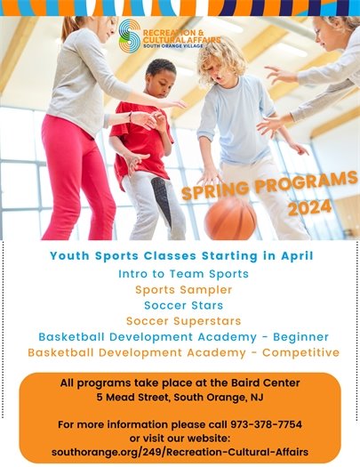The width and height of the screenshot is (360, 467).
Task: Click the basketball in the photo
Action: point(230,218)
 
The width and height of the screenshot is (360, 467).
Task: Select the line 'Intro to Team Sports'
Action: point(183,274)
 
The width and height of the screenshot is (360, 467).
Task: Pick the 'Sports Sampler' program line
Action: point(183,290)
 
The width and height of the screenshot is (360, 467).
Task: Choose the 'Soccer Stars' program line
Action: point(183,305)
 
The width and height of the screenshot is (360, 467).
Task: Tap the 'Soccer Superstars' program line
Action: point(183,321)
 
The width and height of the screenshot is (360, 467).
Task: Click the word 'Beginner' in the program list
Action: point(296,337)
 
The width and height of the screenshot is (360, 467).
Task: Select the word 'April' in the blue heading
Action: point(292,256)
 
